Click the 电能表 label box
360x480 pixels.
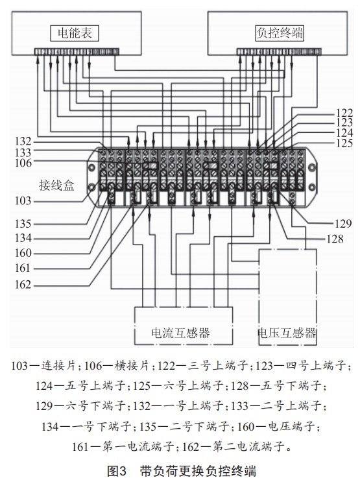click(x=75, y=33)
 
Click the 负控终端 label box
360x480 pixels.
click(x=280, y=33)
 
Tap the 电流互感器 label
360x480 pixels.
click(x=180, y=333)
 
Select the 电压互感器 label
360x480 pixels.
click(x=287, y=333)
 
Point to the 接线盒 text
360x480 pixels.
click(x=56, y=186)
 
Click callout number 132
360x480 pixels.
click(x=23, y=141)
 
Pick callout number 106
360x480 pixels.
click(x=23, y=163)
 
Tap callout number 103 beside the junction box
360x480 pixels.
click(x=23, y=201)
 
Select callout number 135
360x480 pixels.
click(x=23, y=224)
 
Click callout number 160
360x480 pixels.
click(x=23, y=253)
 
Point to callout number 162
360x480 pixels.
click(x=23, y=284)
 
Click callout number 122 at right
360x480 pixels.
click(x=344, y=113)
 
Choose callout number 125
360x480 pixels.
click(x=344, y=143)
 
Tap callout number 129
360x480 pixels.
click(x=343, y=224)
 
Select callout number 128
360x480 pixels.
click(x=335, y=239)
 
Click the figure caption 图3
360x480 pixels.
click(x=117, y=471)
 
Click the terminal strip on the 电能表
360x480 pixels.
click(x=77, y=52)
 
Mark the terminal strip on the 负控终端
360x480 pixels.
click(x=279, y=52)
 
